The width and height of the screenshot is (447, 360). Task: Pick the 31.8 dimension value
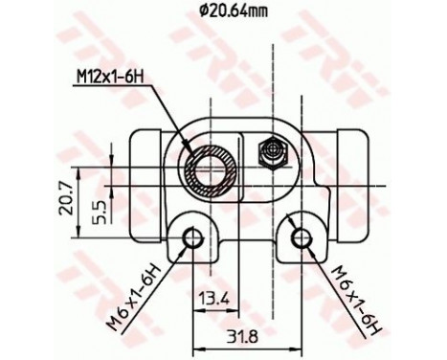point(247,338)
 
